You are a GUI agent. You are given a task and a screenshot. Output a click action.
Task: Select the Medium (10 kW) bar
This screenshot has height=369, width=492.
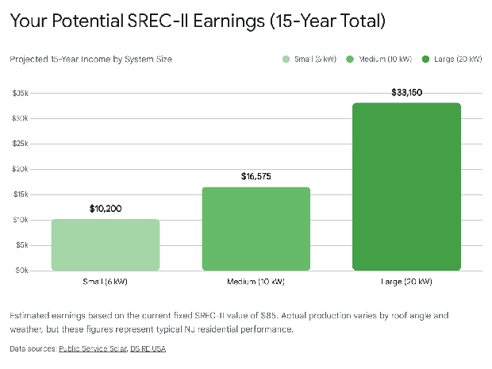256,229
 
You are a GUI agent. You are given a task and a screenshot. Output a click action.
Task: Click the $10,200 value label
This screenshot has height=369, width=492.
106,209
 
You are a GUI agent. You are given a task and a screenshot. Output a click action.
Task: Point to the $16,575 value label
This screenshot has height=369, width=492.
256,176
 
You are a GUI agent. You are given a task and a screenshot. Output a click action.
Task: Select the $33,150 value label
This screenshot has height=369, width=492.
407,93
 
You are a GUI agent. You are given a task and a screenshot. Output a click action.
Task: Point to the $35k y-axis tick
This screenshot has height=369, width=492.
21,94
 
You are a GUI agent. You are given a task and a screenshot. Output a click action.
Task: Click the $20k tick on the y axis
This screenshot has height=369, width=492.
21,169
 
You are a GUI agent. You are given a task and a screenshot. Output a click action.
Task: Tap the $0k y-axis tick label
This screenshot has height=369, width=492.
22,271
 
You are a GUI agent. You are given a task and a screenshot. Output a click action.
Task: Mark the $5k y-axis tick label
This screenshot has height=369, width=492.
22,245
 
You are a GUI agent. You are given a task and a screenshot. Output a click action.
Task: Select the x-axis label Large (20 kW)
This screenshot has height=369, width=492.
407,283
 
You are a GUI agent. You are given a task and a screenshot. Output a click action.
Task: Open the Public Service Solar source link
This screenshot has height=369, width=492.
92,348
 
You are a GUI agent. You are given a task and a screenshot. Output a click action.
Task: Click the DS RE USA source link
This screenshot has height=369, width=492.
148,348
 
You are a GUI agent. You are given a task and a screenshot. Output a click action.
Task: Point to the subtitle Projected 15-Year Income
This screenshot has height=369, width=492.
91,60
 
